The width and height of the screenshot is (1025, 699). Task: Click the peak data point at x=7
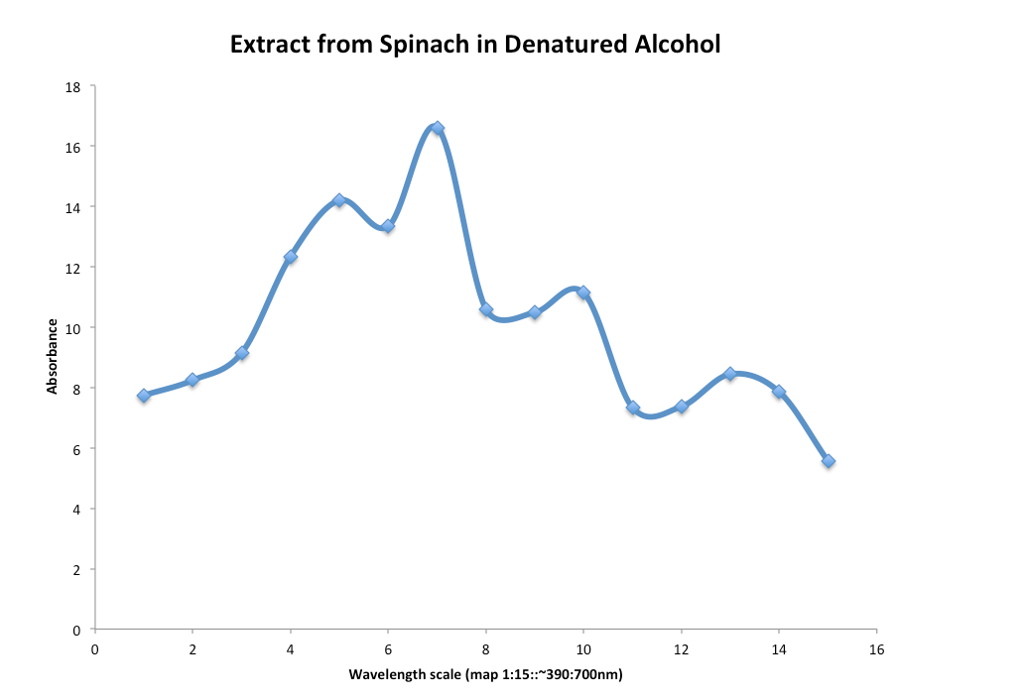(437, 128)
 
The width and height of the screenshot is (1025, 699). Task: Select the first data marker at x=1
(144, 396)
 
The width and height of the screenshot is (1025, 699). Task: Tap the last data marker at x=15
(829, 461)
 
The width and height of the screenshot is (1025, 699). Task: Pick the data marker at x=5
(339, 200)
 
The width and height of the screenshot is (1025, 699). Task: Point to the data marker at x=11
(633, 408)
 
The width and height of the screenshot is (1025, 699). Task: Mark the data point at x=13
(730, 374)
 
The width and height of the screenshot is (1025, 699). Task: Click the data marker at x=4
(291, 257)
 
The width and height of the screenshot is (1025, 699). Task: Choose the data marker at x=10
(583, 292)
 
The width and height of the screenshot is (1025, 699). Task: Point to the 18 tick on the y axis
(72, 86)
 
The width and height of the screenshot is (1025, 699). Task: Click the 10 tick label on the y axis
(72, 328)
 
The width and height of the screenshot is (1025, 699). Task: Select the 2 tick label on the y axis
(76, 570)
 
